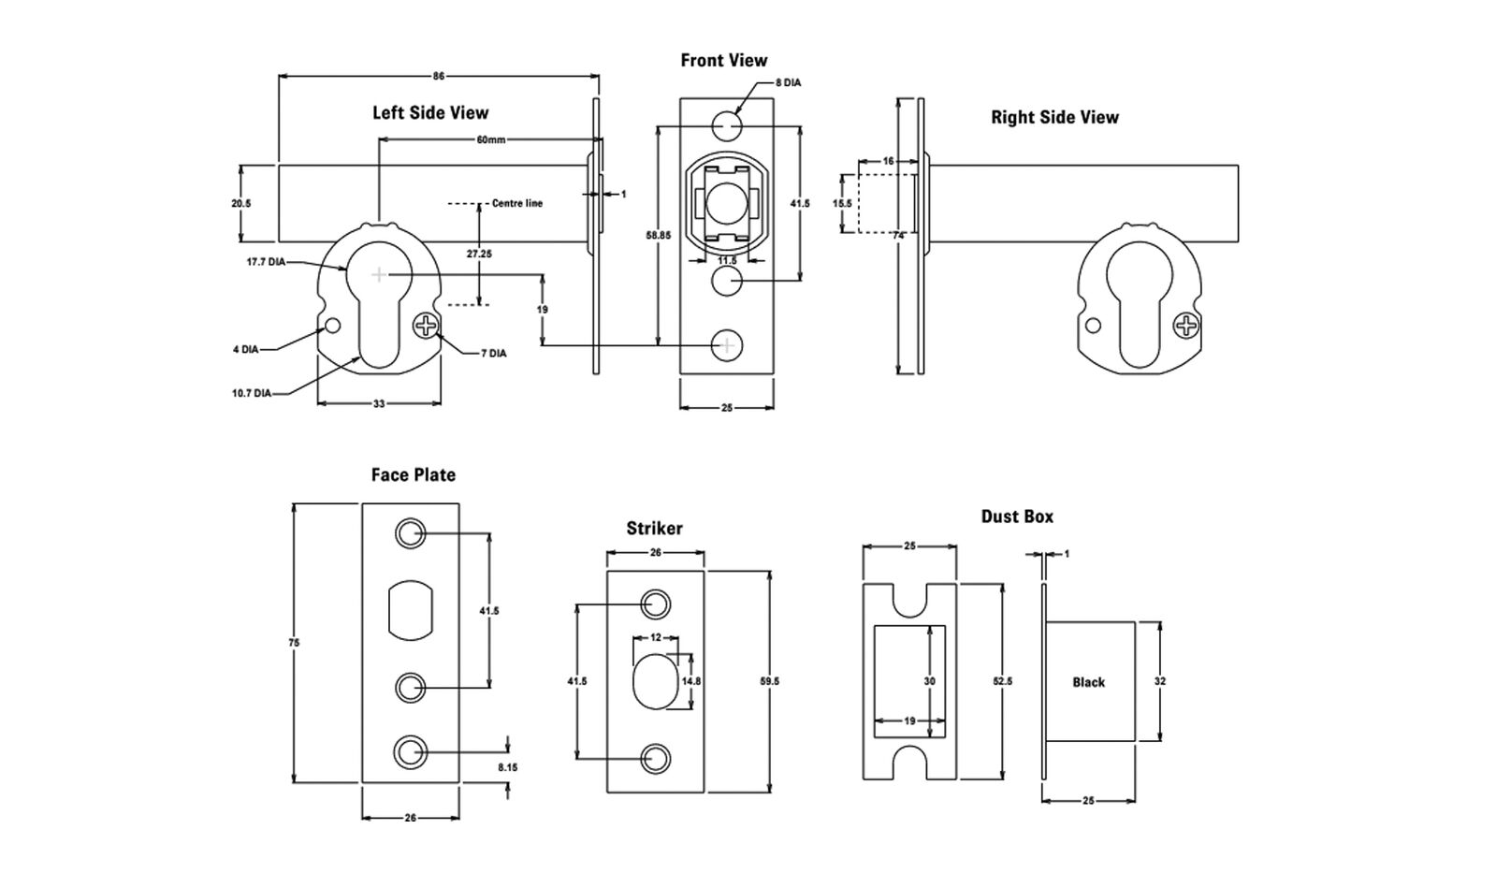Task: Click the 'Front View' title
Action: point(723,61)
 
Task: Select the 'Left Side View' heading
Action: point(430,113)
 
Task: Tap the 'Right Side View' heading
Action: point(1054,118)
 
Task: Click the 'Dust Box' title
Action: point(1017,517)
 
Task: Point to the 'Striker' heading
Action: point(654,529)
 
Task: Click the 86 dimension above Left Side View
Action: point(439,77)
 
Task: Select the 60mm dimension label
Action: point(490,140)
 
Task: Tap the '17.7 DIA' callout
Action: point(266,263)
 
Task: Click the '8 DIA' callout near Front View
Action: point(788,83)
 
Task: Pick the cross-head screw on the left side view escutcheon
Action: point(426,326)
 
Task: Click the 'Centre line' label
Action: point(516,203)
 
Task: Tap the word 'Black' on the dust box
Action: point(1088,683)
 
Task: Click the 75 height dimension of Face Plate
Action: point(295,643)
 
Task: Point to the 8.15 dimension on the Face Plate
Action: point(507,766)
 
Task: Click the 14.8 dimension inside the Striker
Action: point(691,681)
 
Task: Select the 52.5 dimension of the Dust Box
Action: point(1002,682)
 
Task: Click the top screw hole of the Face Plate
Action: point(410,533)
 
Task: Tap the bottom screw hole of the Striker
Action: point(655,758)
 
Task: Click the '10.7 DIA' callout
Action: point(252,394)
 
